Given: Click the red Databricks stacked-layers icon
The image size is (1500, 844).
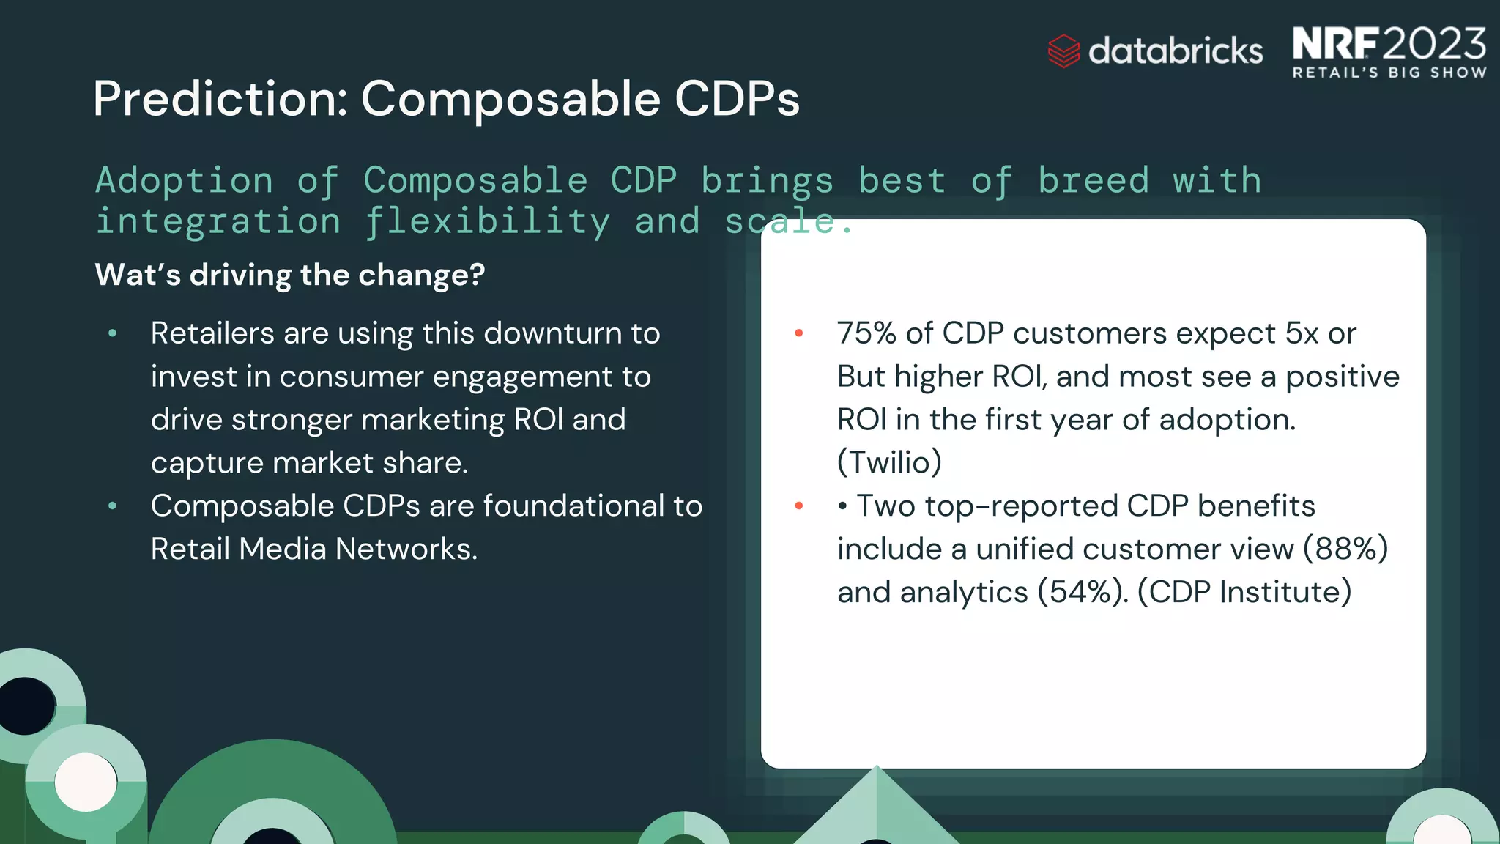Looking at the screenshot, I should coord(1063,51).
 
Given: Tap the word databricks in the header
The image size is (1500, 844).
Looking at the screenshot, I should coord(1176,51).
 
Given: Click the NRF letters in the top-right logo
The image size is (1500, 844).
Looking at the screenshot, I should coord(1335,44).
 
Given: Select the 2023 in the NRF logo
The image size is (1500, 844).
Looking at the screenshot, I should coord(1435,44).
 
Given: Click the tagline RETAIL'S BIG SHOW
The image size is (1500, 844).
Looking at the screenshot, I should coord(1389,73).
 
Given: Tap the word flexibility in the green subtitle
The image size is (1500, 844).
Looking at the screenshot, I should coord(487,222).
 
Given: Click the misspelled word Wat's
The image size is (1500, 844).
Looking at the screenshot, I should coord(138,275).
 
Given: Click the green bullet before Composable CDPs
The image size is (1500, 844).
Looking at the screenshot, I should coord(112,506).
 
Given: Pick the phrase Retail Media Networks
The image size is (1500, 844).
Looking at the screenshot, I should coord(313,549).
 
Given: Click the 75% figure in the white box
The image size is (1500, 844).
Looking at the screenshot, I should coord(866,333).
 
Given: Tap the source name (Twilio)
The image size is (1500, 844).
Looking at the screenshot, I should coord(889,463).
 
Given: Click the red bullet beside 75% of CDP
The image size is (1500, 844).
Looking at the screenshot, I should coord(799,333).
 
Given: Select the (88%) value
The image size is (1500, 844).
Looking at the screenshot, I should coord(1345,549).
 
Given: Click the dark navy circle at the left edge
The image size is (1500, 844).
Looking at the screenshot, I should coord(26,706).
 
